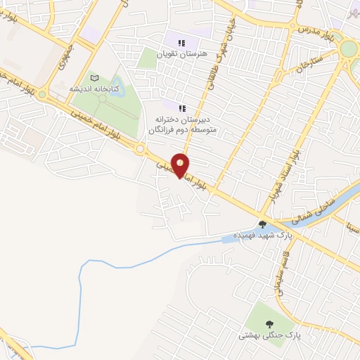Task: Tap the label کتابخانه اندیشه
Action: tap(95, 89)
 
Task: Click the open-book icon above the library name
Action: tap(95, 78)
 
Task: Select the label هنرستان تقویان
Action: tap(182, 53)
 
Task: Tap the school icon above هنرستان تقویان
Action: tap(182, 43)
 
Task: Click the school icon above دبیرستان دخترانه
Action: tap(182, 108)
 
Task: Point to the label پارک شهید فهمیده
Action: tap(263, 236)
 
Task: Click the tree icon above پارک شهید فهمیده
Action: tap(262, 224)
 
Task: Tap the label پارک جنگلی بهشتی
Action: tap(269, 336)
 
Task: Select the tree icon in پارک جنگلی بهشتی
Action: tap(269, 324)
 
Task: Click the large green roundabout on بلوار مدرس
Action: tap(347, 49)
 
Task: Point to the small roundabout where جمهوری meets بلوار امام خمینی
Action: tap(42, 94)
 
